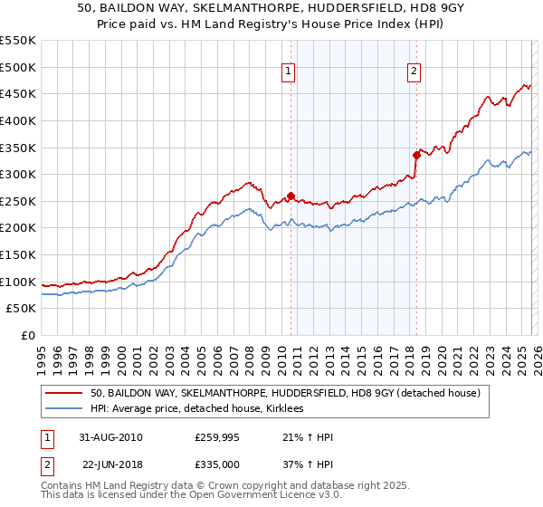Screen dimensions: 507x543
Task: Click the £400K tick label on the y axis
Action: (17, 120)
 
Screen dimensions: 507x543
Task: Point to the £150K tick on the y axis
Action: (17, 254)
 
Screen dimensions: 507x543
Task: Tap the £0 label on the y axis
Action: (26, 336)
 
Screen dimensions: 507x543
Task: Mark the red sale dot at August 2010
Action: (291, 196)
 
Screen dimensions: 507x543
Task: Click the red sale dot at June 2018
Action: (416, 155)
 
